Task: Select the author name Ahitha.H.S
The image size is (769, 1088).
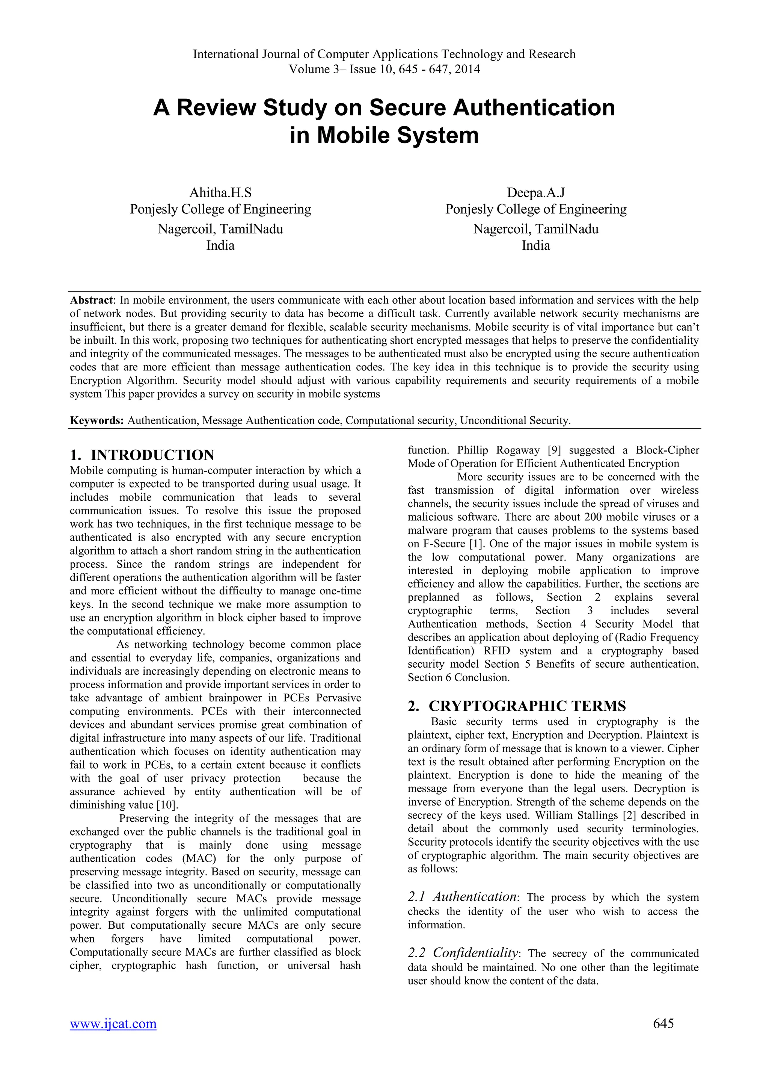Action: coord(220,193)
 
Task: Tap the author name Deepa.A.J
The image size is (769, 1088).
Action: coord(535,193)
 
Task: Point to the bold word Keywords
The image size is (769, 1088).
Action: coord(97,420)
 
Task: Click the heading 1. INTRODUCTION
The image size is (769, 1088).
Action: coord(142,455)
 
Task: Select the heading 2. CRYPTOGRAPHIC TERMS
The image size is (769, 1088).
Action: coord(517,706)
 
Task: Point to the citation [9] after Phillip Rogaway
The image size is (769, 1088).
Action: coord(554,450)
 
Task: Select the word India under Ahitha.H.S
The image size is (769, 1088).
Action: coord(220,245)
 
